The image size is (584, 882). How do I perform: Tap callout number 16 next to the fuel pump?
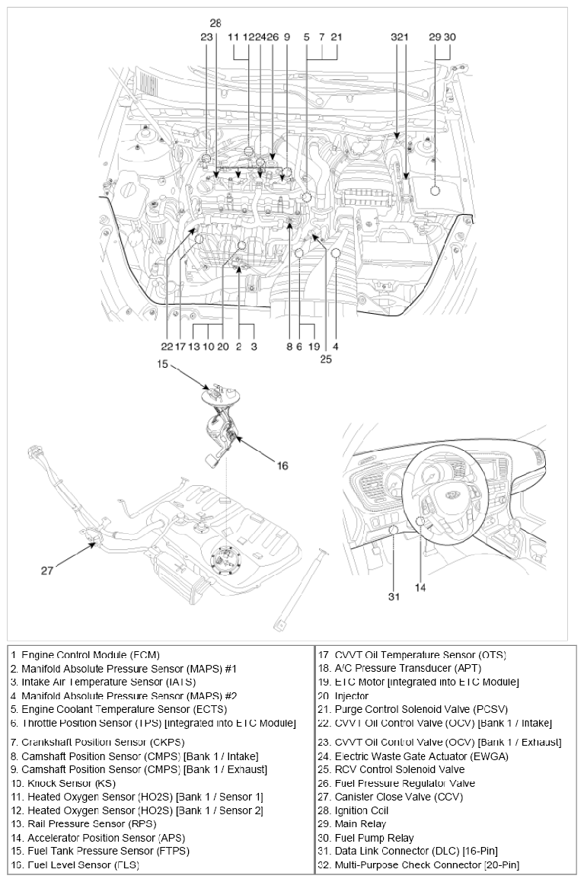[x=282, y=465]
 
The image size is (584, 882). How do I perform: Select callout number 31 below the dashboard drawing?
[x=393, y=596]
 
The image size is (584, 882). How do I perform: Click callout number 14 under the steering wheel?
[x=420, y=586]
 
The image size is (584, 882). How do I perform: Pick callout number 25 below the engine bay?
[x=325, y=359]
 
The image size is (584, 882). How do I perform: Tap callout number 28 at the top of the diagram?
[x=215, y=23]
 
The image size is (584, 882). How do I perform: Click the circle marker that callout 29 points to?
[x=436, y=190]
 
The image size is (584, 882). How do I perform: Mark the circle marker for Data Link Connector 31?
[x=394, y=531]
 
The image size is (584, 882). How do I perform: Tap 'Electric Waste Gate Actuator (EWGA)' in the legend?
[x=421, y=756]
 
